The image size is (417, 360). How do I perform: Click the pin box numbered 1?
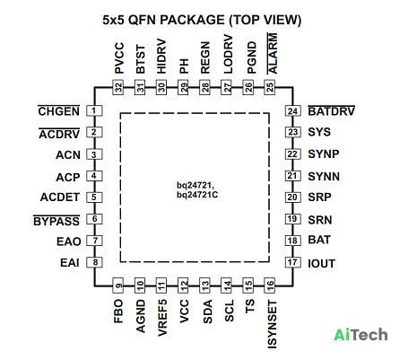94,110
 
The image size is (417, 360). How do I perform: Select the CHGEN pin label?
59,111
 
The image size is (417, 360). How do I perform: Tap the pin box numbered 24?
292,111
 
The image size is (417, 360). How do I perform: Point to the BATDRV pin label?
331,111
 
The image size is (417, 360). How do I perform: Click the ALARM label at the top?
272,54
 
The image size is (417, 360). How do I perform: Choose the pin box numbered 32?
118,87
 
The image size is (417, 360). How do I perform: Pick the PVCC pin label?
119,58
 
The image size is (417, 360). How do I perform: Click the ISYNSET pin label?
272,325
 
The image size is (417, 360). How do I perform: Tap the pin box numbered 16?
269,285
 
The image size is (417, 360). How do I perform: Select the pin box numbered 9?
118,285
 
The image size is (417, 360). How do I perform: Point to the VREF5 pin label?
161,318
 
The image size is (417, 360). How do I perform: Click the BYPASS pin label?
56,221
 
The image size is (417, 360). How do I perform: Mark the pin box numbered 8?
94,262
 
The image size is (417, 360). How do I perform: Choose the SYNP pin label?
324,154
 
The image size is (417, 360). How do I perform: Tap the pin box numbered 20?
292,198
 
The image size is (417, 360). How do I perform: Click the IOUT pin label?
321,263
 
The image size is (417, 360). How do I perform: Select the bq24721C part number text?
197,195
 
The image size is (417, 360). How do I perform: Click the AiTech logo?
361,335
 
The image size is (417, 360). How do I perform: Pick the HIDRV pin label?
161,57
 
